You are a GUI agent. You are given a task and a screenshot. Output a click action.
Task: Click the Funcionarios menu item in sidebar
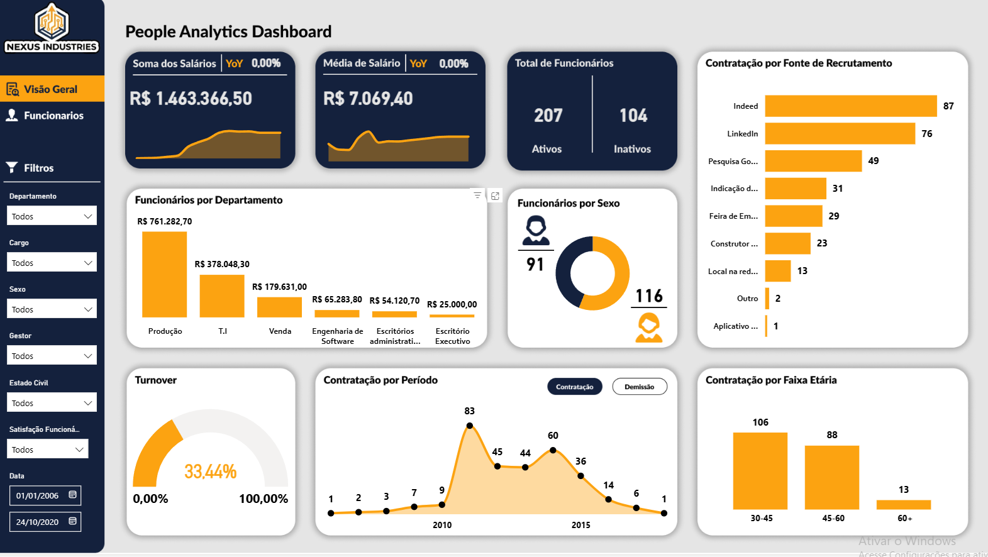click(x=53, y=116)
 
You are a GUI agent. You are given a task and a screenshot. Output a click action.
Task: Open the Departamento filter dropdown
click(x=52, y=216)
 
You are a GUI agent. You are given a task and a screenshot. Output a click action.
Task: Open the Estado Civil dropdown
click(x=52, y=402)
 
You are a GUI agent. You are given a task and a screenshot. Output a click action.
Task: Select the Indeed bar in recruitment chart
click(x=850, y=106)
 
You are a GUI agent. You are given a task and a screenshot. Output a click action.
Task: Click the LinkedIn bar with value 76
click(x=840, y=133)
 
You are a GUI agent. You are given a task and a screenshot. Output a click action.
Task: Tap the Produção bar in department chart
click(x=164, y=275)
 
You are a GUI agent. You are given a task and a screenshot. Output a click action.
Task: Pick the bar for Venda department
click(x=279, y=307)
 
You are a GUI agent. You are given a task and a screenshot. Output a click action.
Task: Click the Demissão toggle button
click(x=639, y=387)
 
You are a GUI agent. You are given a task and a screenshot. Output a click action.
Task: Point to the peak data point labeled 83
click(x=470, y=426)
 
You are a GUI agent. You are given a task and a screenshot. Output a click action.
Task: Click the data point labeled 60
click(x=553, y=450)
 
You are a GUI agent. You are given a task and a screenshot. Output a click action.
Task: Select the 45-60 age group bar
click(x=831, y=477)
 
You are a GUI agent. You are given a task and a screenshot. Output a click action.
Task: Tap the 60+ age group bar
click(x=903, y=504)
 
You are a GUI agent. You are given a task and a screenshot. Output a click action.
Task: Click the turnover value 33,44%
click(x=210, y=472)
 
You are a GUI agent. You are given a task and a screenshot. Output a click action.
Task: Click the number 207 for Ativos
click(x=548, y=116)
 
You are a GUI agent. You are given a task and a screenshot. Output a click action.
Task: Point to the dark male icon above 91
click(x=536, y=230)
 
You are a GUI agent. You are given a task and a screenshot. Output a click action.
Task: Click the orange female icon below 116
click(x=648, y=328)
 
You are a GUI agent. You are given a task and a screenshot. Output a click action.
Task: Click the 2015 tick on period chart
click(x=580, y=525)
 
